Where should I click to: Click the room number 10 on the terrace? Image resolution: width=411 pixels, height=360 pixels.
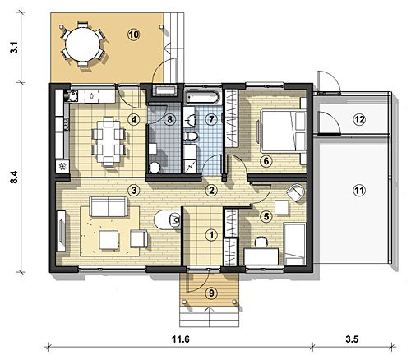(134, 35)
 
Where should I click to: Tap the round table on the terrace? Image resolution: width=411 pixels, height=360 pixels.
(83, 44)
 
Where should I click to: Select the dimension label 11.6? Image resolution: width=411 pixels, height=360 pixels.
(181, 339)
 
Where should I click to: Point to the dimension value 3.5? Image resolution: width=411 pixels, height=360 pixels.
(352, 339)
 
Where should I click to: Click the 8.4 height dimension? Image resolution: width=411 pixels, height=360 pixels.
(14, 177)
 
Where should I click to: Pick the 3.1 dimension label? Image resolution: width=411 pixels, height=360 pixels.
(14, 47)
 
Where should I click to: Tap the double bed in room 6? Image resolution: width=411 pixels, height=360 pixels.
(282, 131)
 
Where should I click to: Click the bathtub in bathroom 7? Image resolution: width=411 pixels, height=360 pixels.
(202, 98)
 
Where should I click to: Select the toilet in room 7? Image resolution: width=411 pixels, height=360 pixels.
(190, 136)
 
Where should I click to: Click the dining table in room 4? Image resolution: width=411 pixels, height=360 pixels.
(109, 141)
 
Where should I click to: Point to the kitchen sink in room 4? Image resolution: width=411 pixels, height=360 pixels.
(72, 95)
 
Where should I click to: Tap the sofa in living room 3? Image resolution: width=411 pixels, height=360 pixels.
(109, 206)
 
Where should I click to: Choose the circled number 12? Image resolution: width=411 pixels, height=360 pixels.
(359, 119)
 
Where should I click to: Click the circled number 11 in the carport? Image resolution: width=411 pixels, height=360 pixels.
(359, 190)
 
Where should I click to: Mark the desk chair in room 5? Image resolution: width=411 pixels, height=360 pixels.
(261, 242)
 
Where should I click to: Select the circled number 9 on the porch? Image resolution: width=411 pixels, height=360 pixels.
(211, 293)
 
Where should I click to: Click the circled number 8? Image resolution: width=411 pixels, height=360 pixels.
(170, 119)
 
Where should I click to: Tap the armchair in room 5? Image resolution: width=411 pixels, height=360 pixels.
(295, 192)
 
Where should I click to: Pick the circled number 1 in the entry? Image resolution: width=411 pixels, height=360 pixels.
(211, 235)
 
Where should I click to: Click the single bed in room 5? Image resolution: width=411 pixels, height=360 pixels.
(294, 244)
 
